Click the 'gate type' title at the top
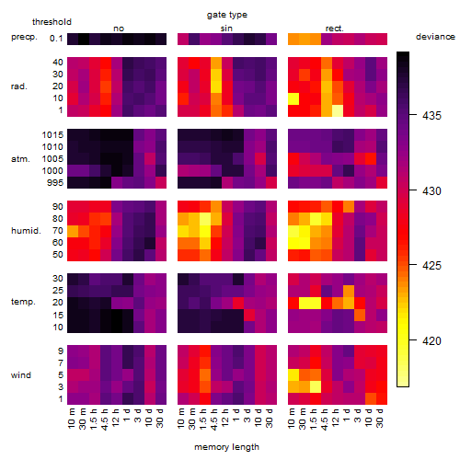point(227,15)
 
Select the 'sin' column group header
point(226,29)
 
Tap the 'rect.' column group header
point(335,29)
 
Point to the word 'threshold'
point(52,22)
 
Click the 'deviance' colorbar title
point(435,37)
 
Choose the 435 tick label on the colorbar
point(431,116)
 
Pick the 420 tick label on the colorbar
point(431,340)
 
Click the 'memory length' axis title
point(226,447)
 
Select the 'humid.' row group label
point(26,231)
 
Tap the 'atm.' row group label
point(20,159)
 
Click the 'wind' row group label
point(21,375)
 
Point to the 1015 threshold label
point(52,135)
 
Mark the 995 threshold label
point(55,183)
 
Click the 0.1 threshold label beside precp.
point(56,39)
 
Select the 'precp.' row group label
point(24,37)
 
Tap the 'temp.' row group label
point(23,302)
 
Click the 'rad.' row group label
point(19,86)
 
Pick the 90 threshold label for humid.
point(58,207)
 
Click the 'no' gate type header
point(119,29)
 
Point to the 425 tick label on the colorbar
point(431,265)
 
